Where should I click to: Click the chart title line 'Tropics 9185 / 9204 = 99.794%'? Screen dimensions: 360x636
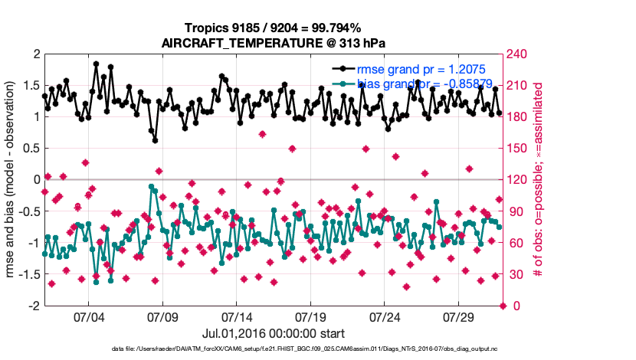[x=274, y=28]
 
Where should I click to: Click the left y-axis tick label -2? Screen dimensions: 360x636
[x=34, y=306]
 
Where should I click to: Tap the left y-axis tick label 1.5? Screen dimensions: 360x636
[x=31, y=85]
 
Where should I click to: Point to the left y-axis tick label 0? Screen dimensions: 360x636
[x=36, y=179]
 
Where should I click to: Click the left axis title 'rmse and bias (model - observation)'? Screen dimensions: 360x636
[x=13, y=179]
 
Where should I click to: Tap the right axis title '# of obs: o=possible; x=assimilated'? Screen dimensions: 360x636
[x=538, y=179]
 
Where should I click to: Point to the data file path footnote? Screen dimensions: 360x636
[x=273, y=349]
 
